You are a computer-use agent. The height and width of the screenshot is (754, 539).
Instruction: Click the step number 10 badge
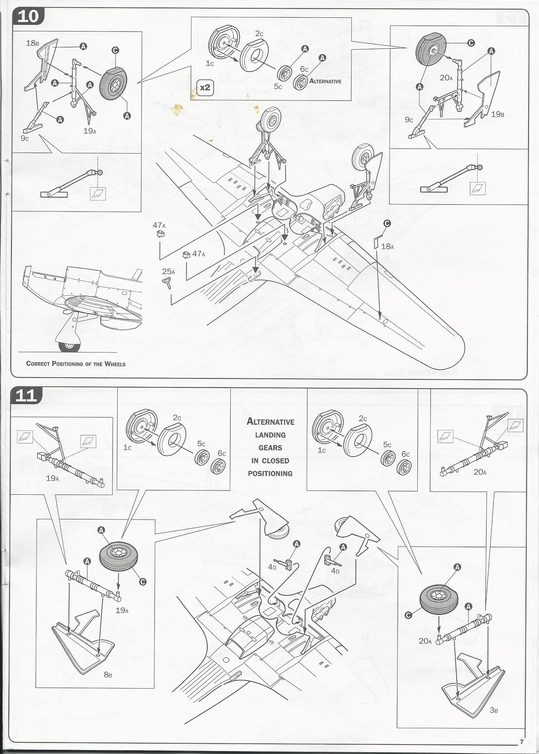[x=28, y=16]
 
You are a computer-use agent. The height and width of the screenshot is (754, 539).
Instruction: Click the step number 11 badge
[x=26, y=396]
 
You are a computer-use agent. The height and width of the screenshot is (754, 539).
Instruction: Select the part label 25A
[x=168, y=272]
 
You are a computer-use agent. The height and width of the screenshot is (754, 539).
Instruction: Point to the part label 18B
[x=33, y=43]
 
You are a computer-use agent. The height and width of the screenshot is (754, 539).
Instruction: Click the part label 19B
[x=497, y=114]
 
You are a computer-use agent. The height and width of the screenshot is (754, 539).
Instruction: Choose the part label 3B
[x=493, y=710]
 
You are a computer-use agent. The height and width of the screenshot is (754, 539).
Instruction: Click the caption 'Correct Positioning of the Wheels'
[x=76, y=364]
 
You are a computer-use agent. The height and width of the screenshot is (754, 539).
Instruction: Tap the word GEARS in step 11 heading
[x=270, y=448]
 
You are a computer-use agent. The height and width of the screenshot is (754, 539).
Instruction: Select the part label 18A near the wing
[x=387, y=246]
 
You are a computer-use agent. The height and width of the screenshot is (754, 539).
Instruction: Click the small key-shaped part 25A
[x=167, y=283]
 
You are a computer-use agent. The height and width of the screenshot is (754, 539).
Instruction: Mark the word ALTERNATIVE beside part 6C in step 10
[x=325, y=81]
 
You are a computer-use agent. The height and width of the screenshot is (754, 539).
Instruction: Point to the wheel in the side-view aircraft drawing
[x=69, y=346]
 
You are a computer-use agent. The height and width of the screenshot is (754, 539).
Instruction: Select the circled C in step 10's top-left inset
[x=115, y=50]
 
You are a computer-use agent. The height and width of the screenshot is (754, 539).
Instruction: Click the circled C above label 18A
[x=387, y=223]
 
